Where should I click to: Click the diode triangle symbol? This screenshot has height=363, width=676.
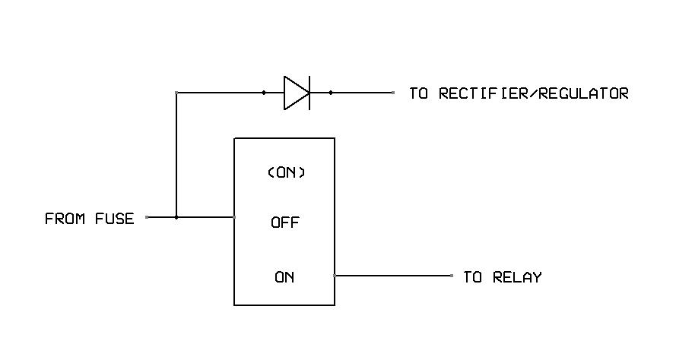tap(295, 93)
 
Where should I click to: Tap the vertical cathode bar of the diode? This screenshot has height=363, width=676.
tap(309, 93)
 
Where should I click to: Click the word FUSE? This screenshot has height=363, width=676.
tap(114, 219)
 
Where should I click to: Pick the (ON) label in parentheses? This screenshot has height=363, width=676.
tap(285, 172)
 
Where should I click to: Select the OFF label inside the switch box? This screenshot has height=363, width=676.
tap(285, 223)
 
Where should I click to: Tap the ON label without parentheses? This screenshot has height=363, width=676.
tap(284, 277)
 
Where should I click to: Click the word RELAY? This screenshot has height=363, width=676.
tap(517, 277)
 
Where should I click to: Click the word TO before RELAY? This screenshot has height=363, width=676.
tap(473, 277)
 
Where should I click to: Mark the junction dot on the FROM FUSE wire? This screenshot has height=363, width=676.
tap(176, 217)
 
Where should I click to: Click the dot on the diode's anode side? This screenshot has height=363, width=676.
tap(264, 93)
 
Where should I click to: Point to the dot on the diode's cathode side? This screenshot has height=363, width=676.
tap(330, 93)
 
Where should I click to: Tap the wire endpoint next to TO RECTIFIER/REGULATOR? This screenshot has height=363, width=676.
tap(393, 93)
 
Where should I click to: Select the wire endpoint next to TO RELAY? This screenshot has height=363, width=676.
tap(452, 276)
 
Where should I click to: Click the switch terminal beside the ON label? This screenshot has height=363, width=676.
tap(335, 276)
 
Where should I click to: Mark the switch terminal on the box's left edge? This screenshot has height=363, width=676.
tap(234, 217)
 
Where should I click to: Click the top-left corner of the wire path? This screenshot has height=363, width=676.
tap(176, 93)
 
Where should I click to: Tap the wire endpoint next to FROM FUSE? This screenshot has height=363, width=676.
tap(147, 217)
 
